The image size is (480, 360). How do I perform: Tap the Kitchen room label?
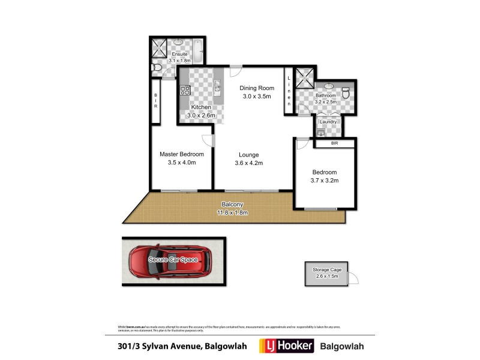[x=200, y=107]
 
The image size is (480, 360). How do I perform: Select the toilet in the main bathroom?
[x=345, y=94]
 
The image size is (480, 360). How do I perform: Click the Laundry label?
[x=328, y=122]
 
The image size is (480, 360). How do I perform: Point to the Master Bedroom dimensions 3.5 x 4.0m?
[x=181, y=163]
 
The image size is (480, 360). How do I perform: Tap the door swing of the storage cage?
[x=354, y=278]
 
